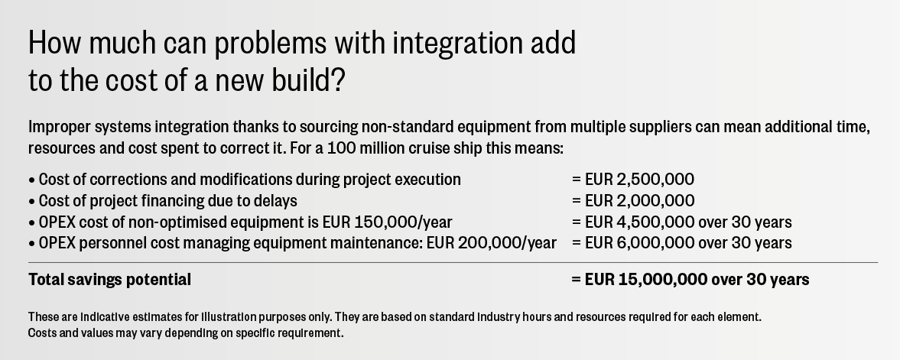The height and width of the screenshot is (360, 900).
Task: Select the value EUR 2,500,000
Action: click(x=639, y=180)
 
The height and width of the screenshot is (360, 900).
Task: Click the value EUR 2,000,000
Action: click(x=639, y=201)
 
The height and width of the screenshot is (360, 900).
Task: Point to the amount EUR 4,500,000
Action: click(x=639, y=222)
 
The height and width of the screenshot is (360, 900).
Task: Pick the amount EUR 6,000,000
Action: click(x=639, y=243)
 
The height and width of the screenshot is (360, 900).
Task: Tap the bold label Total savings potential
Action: click(x=109, y=280)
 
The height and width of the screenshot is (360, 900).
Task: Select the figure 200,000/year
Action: click(x=508, y=243)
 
